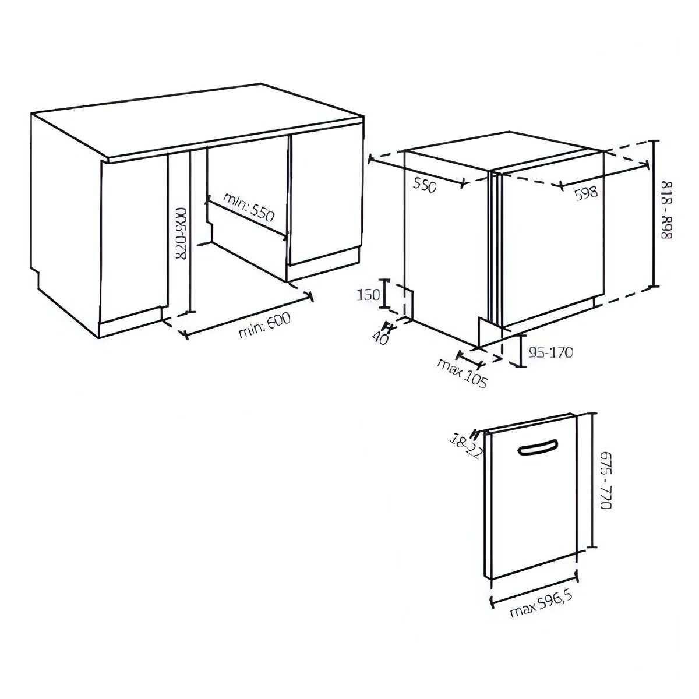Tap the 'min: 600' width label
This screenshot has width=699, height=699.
[265, 326]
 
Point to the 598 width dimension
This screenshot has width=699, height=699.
[586, 192]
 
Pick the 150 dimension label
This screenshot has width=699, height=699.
[369, 295]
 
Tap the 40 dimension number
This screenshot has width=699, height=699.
[380, 338]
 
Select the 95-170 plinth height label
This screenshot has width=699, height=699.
[550, 352]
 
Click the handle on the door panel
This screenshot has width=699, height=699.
[538, 447]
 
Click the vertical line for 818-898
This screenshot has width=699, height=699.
[654, 214]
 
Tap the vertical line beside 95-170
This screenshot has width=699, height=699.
[521, 351]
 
